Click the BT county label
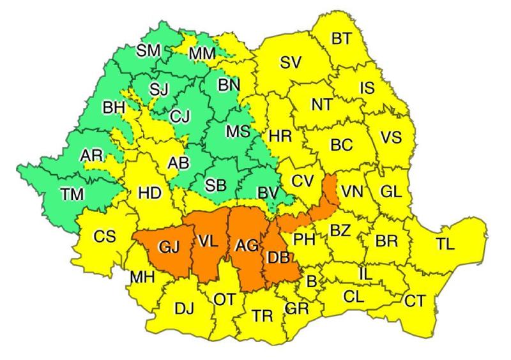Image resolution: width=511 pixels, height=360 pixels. (x=341, y=39)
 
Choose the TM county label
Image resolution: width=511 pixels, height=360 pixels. (x=72, y=195)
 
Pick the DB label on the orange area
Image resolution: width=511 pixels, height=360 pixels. (x=278, y=258)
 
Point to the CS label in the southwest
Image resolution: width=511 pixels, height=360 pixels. (x=104, y=237)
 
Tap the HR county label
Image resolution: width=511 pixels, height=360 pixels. (x=280, y=136)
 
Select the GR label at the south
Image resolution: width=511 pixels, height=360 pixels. (x=297, y=309)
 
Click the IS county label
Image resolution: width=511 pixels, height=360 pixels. (x=366, y=89)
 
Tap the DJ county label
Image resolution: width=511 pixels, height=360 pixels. (x=184, y=310)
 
